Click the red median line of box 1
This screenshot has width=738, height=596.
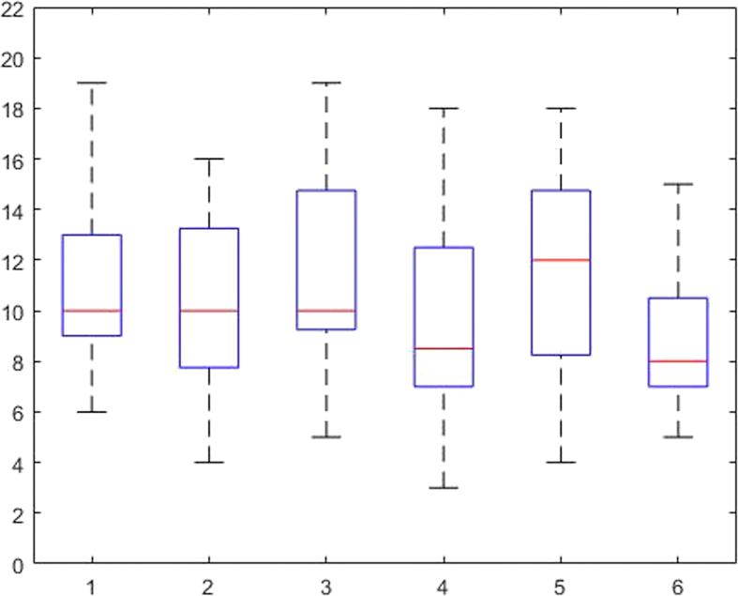pos(92,311)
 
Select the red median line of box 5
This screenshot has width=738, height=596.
pos(561,260)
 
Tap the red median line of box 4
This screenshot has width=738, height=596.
pos(444,348)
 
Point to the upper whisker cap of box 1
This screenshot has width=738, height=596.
pos(92,83)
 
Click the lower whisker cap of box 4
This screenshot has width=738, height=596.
pos(444,487)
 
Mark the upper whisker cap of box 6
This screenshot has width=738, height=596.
pos(678,184)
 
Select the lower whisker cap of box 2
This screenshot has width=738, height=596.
pos(209,462)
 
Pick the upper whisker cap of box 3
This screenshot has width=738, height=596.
pos(326,83)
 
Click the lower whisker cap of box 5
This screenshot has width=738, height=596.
pos(561,462)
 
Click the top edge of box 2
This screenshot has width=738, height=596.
pos(209,228)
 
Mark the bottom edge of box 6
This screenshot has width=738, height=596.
pos(678,386)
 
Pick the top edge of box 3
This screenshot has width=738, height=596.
pos(326,191)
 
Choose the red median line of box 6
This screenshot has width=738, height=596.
pos(678,360)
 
